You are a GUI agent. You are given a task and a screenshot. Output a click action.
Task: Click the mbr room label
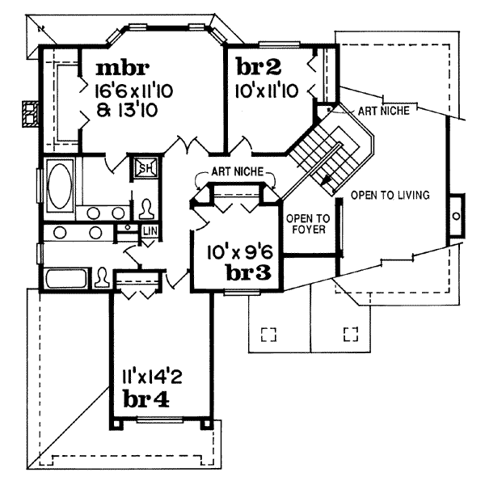[x=123, y=69]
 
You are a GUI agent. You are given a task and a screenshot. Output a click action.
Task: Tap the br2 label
[x=259, y=67]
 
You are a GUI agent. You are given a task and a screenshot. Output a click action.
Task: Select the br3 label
[x=249, y=273]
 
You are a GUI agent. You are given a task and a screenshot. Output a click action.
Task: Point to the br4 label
[x=146, y=399]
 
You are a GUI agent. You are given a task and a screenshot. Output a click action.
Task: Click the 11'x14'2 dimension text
[x=152, y=377]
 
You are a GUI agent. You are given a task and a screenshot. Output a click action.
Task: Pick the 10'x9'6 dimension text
[x=240, y=252]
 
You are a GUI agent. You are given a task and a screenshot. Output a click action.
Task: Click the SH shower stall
[x=145, y=169]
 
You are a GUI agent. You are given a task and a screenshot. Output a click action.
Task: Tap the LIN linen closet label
[x=150, y=231]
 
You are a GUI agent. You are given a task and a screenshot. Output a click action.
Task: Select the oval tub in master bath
[x=60, y=186]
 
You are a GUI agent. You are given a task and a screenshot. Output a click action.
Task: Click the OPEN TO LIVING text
[x=390, y=195]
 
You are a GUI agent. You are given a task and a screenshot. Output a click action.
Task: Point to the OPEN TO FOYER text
[x=308, y=224]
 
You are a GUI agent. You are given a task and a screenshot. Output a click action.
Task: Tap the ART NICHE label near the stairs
[x=383, y=111]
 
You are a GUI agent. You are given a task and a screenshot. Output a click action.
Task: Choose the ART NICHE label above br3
[x=238, y=171]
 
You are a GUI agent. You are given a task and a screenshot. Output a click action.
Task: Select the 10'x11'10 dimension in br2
[x=267, y=91]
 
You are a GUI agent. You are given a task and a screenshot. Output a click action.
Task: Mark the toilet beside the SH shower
[x=146, y=209]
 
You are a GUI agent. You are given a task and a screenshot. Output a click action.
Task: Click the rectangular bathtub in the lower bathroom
[x=66, y=278]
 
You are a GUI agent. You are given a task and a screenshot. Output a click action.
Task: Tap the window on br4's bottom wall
[x=159, y=420]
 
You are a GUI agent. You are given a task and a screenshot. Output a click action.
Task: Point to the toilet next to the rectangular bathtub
[x=102, y=277]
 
